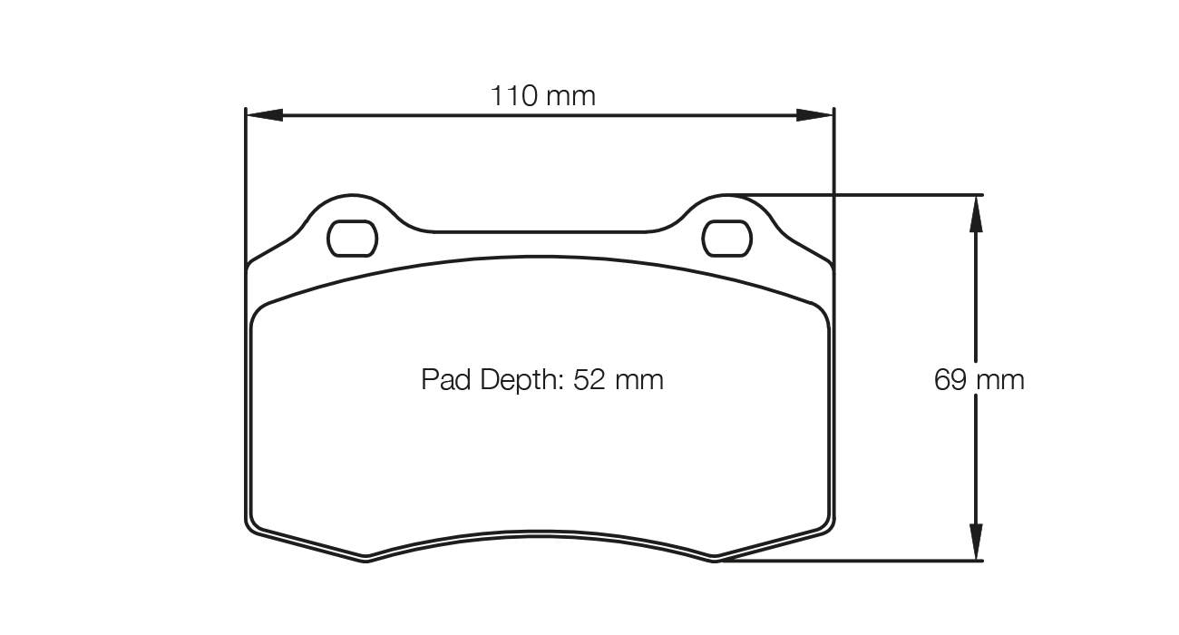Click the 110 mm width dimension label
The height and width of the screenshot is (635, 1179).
tap(542, 95)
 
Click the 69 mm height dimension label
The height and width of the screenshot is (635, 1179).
tap(979, 379)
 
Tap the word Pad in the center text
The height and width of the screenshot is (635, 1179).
tap(443, 379)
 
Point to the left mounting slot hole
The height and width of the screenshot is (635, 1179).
tap(351, 238)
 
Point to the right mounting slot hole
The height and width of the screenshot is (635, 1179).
tap(728, 238)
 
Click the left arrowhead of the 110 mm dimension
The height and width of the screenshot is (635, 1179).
tap(264, 115)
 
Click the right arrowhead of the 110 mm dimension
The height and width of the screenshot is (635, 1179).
tap(814, 115)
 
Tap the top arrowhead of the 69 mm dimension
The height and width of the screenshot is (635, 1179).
tap(975, 214)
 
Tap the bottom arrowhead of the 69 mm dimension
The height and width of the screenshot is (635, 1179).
tap(975, 542)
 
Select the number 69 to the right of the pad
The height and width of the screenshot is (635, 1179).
tap(950, 379)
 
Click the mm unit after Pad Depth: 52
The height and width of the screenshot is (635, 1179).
tap(639, 379)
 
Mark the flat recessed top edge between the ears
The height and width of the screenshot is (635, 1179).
tap(541, 231)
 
